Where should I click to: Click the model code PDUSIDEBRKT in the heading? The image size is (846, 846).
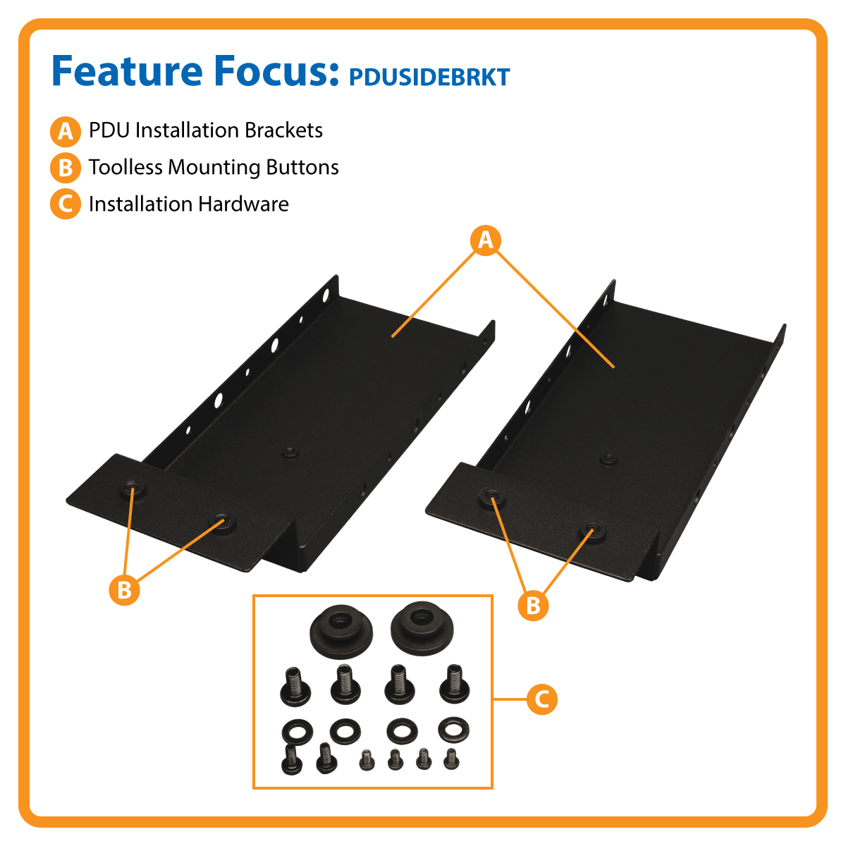pos(429,77)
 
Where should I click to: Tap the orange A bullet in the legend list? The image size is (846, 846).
pos(65,131)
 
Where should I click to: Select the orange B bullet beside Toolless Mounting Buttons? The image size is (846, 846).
pos(65,168)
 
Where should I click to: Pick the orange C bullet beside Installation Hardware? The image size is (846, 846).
pos(65,204)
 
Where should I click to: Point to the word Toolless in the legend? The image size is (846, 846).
pos(125,167)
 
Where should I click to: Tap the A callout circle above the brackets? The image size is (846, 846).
pos(486,240)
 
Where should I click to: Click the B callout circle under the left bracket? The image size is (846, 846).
pos(125,589)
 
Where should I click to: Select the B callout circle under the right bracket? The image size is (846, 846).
pos(533,605)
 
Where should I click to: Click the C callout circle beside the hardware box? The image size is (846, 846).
pos(541,699)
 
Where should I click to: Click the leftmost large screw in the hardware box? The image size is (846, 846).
pos(296,686)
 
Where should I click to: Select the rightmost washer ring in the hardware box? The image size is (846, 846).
pos(453,729)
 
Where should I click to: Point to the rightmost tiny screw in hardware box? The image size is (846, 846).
pos(451,759)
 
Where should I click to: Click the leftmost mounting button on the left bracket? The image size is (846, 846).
pos(130,488)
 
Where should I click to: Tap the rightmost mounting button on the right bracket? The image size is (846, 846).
pos(591,531)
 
